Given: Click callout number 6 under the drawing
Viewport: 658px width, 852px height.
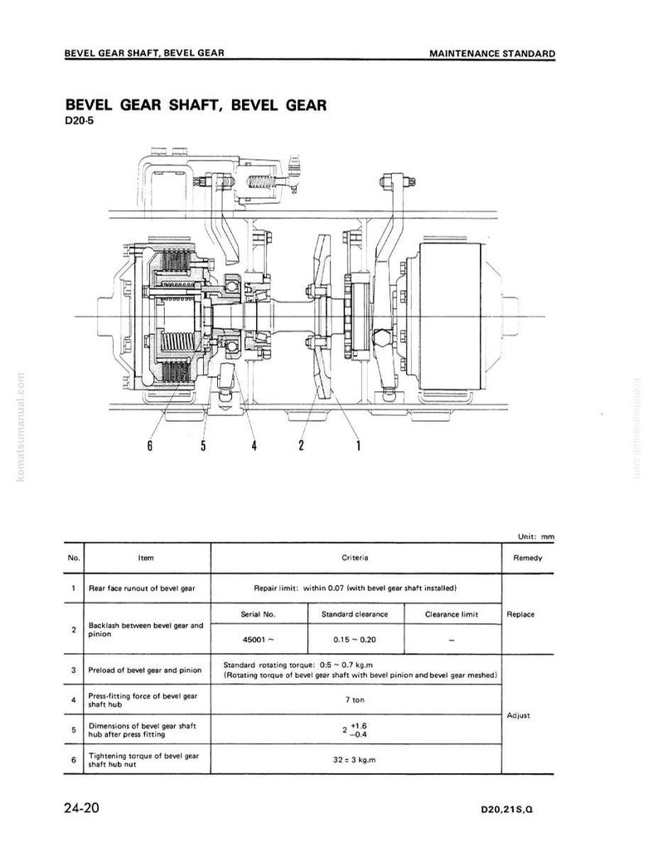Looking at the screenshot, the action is (150, 446).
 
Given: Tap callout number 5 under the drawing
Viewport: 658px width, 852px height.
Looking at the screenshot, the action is (203, 446).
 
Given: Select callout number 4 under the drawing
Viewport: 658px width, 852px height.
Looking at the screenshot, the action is (254, 446).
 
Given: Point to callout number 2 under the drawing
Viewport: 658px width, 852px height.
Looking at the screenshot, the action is (301, 446).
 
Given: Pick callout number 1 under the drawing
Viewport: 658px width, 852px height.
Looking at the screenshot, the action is (358, 446).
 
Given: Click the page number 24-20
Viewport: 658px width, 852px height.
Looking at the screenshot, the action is (82, 808).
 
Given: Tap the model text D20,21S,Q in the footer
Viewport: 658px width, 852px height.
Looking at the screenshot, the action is (506, 810).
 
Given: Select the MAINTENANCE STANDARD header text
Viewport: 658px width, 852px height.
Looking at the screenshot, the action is (492, 53).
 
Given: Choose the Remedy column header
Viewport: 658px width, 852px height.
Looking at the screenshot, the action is (528, 558).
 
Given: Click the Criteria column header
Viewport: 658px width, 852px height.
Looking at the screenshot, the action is (355, 558).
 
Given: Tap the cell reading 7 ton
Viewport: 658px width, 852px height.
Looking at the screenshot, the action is (355, 700).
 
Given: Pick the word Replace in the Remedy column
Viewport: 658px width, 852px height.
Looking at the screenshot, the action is (520, 614).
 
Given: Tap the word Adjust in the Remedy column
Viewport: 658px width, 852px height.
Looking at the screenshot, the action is (518, 715).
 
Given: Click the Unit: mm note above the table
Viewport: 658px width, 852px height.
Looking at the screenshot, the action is (536, 536).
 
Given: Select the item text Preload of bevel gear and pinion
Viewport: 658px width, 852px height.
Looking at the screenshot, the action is (145, 670).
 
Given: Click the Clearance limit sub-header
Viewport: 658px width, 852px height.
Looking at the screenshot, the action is (452, 614).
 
